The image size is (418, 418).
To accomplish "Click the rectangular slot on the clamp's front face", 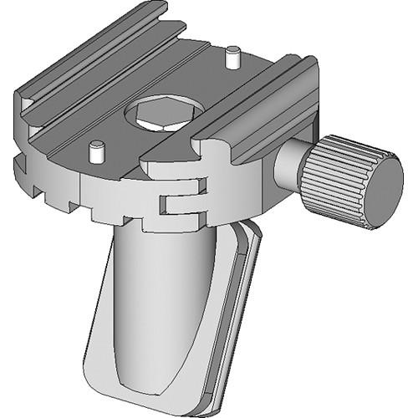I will coord(180,203).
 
